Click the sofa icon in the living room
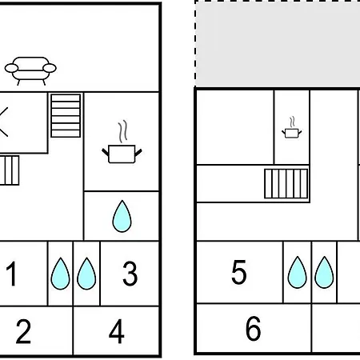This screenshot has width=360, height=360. click(30, 71)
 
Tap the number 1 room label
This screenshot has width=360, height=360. click(12, 274)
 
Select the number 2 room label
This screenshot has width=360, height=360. click(23, 331)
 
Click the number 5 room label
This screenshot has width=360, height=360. click(239, 272)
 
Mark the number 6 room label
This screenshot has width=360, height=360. click(253, 328)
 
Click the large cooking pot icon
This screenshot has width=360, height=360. click(122, 154)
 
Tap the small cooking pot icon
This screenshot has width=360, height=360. click(292, 133)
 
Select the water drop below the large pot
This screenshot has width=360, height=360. click(122, 216)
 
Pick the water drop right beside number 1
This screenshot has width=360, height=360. click(60, 274)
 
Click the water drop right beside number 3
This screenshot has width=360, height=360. click(86, 274)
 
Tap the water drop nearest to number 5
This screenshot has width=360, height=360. click(298, 273)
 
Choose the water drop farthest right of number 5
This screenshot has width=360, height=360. click(324, 273)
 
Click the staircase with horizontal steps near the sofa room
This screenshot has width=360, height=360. click(66, 116)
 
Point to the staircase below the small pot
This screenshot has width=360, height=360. click(286, 184)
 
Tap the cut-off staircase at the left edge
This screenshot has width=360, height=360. click(10, 170)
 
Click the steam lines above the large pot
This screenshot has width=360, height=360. click(122, 131)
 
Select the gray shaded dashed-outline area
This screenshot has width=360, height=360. click(278, 43)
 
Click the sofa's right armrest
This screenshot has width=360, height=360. click(50, 68)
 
